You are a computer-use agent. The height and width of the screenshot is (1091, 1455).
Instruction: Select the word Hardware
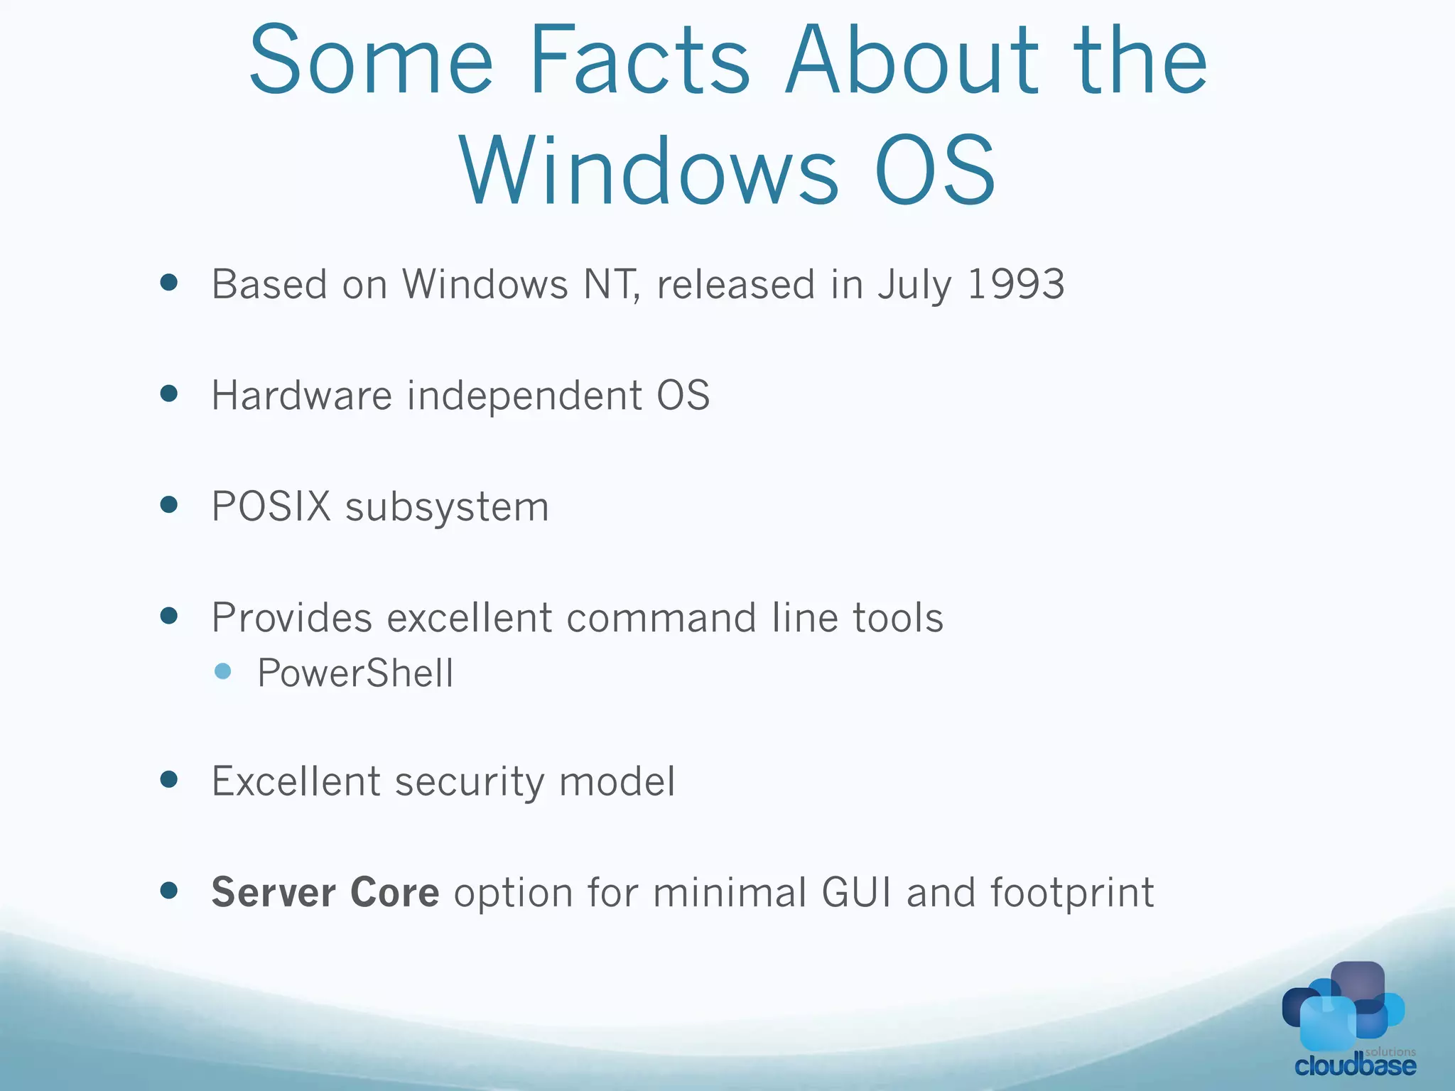point(301,395)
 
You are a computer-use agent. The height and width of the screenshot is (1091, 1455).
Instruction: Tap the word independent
point(524,396)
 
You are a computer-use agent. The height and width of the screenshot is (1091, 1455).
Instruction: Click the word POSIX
point(271,506)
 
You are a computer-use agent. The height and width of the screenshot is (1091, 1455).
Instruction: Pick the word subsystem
point(447,508)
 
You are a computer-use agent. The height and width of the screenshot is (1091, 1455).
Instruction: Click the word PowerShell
point(355,673)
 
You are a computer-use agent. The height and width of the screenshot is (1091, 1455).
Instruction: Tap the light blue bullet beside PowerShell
point(222,671)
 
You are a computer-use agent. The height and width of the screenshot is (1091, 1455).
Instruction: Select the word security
point(470,782)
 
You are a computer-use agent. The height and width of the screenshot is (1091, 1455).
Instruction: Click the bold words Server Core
point(325,892)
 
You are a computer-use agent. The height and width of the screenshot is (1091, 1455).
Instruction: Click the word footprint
point(1072,894)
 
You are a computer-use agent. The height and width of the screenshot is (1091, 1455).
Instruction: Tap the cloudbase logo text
point(1355,1065)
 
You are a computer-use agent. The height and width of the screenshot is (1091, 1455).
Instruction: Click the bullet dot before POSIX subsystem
point(169,504)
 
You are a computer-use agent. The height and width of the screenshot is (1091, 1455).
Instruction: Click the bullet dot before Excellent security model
point(169,780)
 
